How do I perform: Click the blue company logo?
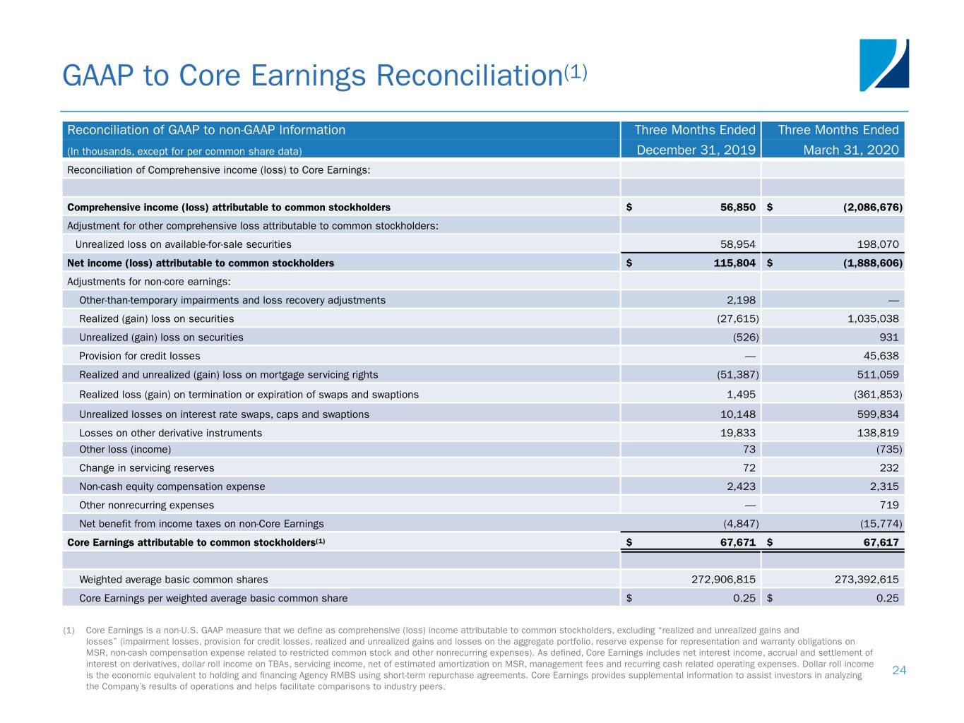[x=883, y=65]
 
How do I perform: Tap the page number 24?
[x=899, y=670]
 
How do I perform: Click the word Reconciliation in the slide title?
[x=470, y=76]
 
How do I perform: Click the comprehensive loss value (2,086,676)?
[x=872, y=207]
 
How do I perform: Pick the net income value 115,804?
[x=734, y=263]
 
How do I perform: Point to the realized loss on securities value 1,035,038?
[x=873, y=318]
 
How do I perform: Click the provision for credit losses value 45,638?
[x=881, y=356]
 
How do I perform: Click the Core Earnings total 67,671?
[x=738, y=542]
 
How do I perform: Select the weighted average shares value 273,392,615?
[x=867, y=580]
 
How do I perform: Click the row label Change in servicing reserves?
[x=147, y=468]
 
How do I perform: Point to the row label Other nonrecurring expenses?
[x=146, y=506]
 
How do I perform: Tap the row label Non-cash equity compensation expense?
[x=172, y=486]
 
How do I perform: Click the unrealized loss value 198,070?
[x=878, y=244]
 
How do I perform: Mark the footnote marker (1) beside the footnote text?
[x=69, y=631]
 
